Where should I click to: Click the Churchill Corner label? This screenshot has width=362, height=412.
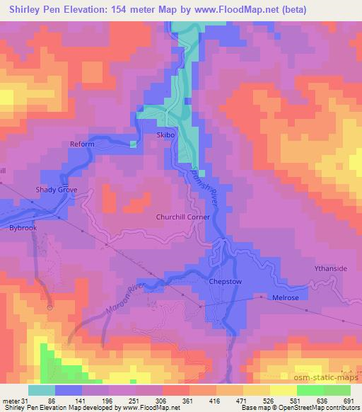coord(182,217)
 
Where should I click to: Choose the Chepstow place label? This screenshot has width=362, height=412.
coord(226,282)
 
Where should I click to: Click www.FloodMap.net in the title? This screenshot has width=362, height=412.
coord(272,9)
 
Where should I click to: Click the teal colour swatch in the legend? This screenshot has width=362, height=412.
coord(42,389)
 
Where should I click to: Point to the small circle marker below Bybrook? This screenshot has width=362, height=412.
coord(50,307)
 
